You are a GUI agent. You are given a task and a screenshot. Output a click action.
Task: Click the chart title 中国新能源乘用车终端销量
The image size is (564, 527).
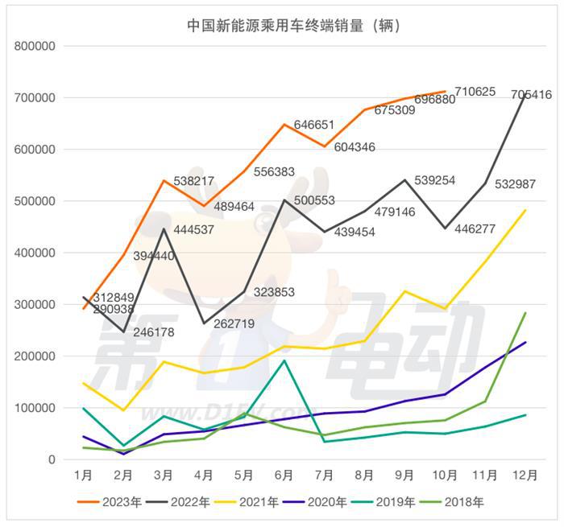coord(281,25)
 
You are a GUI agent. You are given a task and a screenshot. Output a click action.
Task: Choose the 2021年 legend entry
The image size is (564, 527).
coord(250,502)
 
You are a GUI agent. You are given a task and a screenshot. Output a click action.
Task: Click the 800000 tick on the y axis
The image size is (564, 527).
coord(34,46)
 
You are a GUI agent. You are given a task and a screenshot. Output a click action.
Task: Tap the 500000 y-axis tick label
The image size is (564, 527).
coord(34,201)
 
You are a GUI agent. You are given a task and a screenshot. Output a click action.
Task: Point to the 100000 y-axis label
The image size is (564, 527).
coord(34,408)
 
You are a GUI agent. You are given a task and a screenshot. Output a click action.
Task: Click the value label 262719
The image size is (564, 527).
coord(233,324)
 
